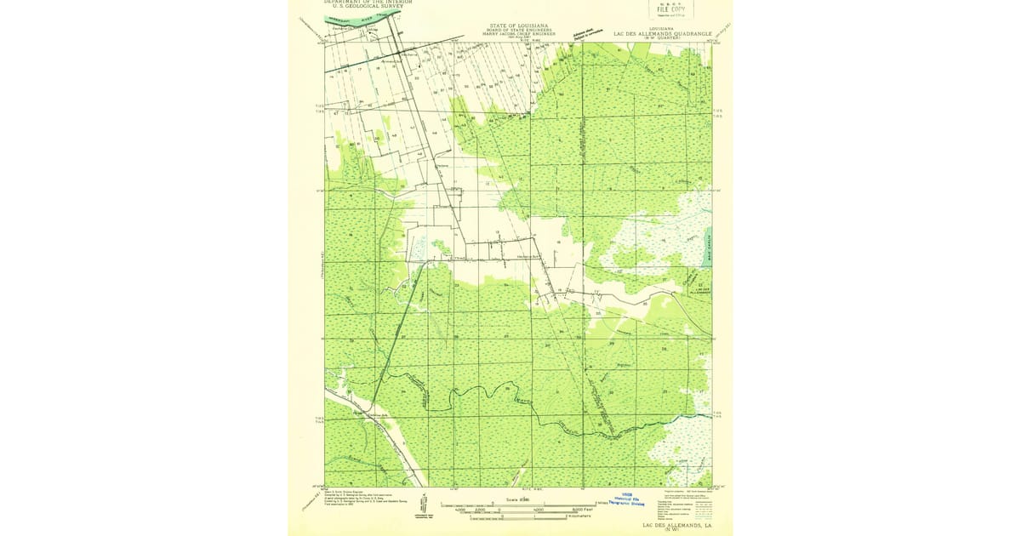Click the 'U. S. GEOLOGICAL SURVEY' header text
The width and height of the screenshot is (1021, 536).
tap(368, 7)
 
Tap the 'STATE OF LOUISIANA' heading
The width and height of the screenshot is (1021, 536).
tap(518, 26)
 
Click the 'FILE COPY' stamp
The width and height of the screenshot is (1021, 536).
tap(670, 10)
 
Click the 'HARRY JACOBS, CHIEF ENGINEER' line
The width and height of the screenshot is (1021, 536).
tap(518, 35)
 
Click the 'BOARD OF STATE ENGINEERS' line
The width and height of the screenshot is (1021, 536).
tap(518, 31)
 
